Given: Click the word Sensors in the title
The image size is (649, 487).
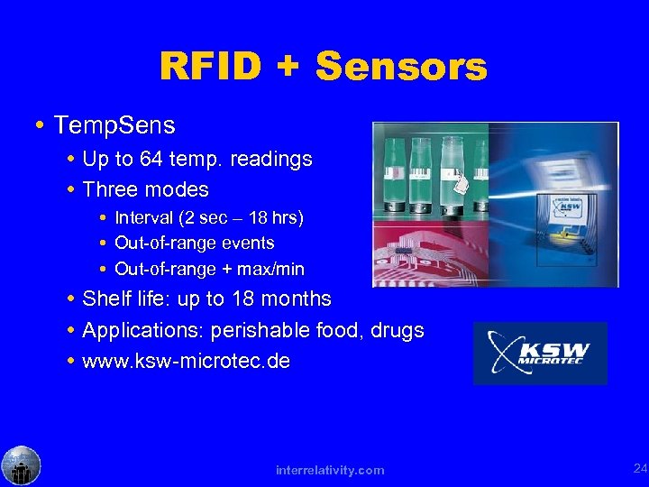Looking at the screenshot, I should point(402,67).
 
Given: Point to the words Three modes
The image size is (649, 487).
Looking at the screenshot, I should point(145,189).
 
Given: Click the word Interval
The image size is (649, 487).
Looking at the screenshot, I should point(148,217).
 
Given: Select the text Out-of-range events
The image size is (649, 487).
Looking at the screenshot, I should point(195,243).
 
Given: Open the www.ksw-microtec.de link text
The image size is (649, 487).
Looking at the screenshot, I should point(186,362).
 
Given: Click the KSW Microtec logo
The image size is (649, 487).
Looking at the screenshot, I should point(540,354).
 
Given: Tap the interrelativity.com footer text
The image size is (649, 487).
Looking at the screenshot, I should point(330,470).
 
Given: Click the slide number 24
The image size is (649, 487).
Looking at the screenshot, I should point(640,468).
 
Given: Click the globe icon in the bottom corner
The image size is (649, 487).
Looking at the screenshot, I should point(21,466).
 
